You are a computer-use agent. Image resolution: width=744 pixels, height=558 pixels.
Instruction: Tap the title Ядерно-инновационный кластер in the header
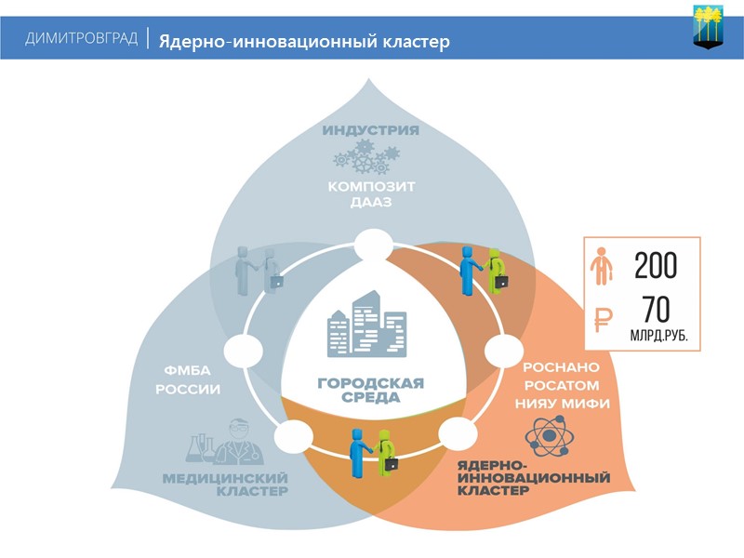(x=303, y=41)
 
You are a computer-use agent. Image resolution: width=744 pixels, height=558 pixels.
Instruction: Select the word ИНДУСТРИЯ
(x=371, y=130)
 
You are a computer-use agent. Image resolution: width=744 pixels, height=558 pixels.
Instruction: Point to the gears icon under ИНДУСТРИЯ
(x=368, y=157)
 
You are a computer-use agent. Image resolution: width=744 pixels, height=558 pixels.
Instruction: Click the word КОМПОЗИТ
(x=371, y=186)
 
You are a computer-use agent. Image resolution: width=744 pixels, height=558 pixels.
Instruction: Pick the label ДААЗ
(x=371, y=203)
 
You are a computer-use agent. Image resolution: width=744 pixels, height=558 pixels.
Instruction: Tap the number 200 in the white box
(x=656, y=266)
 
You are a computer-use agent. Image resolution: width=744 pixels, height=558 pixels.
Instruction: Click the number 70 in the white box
(x=656, y=310)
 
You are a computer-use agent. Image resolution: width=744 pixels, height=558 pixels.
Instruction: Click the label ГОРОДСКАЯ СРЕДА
(x=371, y=390)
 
